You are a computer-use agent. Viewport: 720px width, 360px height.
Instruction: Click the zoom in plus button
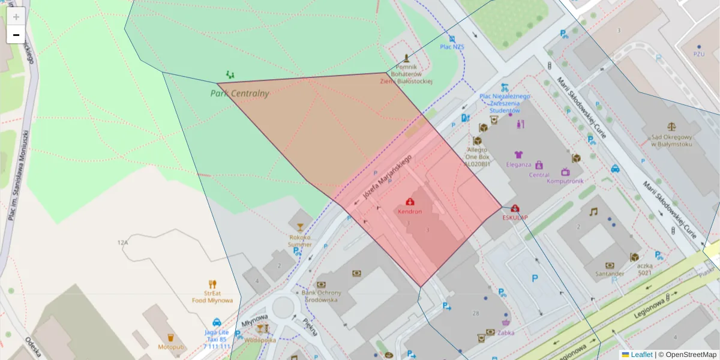pyautogui.click(x=16, y=16)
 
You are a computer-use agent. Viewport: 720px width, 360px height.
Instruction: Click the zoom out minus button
pyautogui.click(x=16, y=35)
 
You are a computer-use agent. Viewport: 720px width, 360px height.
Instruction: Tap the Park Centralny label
pyautogui.click(x=239, y=94)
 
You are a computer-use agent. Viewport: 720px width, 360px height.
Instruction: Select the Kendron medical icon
pyautogui.click(x=410, y=202)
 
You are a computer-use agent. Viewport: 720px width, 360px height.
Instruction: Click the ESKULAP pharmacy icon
pyautogui.click(x=515, y=208)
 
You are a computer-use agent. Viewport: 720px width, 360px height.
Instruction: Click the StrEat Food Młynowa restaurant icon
pyautogui.click(x=212, y=284)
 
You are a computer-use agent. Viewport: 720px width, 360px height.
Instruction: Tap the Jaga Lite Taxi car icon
pyautogui.click(x=217, y=322)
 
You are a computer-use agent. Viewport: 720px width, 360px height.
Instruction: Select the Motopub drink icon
pyautogui.click(x=170, y=337)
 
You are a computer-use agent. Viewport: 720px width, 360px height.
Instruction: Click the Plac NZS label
pyautogui.click(x=452, y=46)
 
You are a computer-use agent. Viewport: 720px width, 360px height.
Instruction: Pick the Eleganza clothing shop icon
pyautogui.click(x=518, y=155)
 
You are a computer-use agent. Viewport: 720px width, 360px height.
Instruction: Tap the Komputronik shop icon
pyautogui.click(x=565, y=172)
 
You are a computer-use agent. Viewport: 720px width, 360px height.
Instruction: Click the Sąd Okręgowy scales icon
pyautogui.click(x=671, y=128)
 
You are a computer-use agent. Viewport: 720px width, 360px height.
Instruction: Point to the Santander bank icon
pyautogui.click(x=610, y=265)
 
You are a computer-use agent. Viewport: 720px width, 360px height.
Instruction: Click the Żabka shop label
pyautogui.click(x=505, y=332)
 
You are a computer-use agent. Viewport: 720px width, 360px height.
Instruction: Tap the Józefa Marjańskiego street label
pyautogui.click(x=388, y=178)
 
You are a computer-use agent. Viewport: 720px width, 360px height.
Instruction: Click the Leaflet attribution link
pyautogui.click(x=641, y=355)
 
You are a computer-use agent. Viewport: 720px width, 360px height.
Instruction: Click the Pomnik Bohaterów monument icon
pyautogui.click(x=407, y=59)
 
